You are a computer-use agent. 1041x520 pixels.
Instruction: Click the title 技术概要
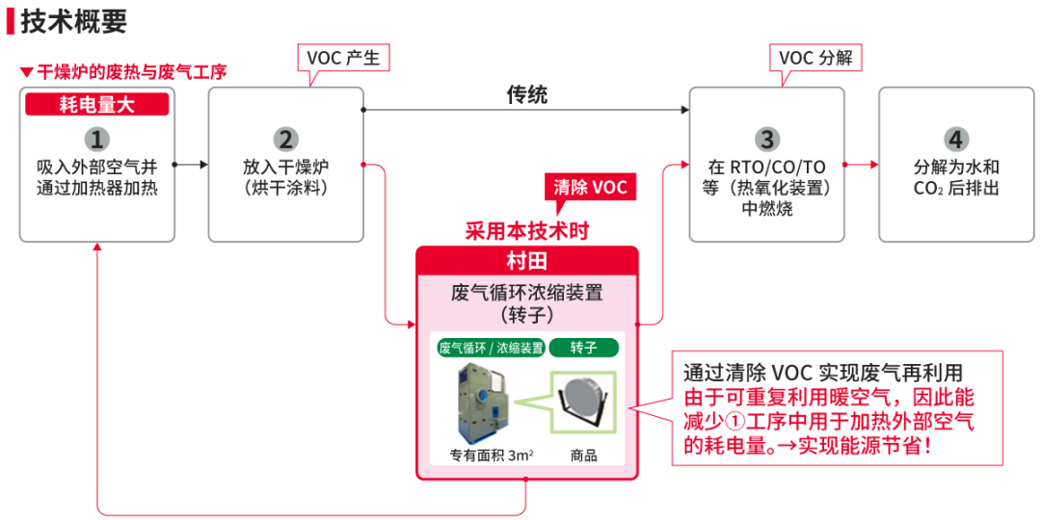[x=73, y=20]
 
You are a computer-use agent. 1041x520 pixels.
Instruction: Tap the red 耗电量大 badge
[x=96, y=105]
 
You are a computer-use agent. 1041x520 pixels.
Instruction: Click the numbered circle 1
[x=96, y=139]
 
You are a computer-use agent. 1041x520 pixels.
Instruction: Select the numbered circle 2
[x=285, y=139]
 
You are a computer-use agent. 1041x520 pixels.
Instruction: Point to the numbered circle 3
[x=766, y=139]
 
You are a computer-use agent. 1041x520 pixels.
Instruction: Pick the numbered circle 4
[x=955, y=139]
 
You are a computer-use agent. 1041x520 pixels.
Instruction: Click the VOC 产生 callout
[x=342, y=58]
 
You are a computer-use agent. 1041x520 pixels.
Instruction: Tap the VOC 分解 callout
[x=815, y=58]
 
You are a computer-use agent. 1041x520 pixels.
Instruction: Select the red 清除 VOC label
[x=590, y=187]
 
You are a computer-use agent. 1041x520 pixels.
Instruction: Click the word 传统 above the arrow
[x=526, y=94]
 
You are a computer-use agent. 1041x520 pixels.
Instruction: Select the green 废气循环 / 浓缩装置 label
[x=491, y=348]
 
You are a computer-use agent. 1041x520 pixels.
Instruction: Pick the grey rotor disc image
[x=583, y=398]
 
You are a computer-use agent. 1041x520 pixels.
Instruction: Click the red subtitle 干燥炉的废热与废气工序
[x=131, y=72]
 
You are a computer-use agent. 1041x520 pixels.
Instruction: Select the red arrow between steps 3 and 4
[x=862, y=165]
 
